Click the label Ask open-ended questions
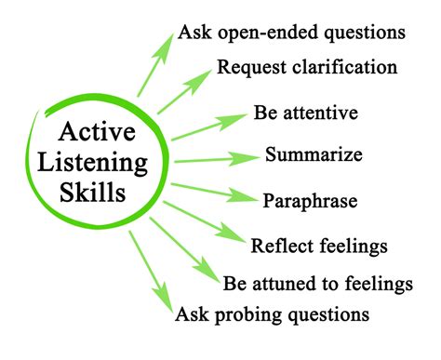pos(290,33)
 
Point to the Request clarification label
pos(307,68)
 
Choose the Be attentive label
pos(306,114)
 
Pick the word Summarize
pos(314,153)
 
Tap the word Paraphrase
pos(310,200)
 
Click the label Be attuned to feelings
pos(317,282)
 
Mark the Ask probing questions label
pos(272,314)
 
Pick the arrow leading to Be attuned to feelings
pos(185,249)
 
